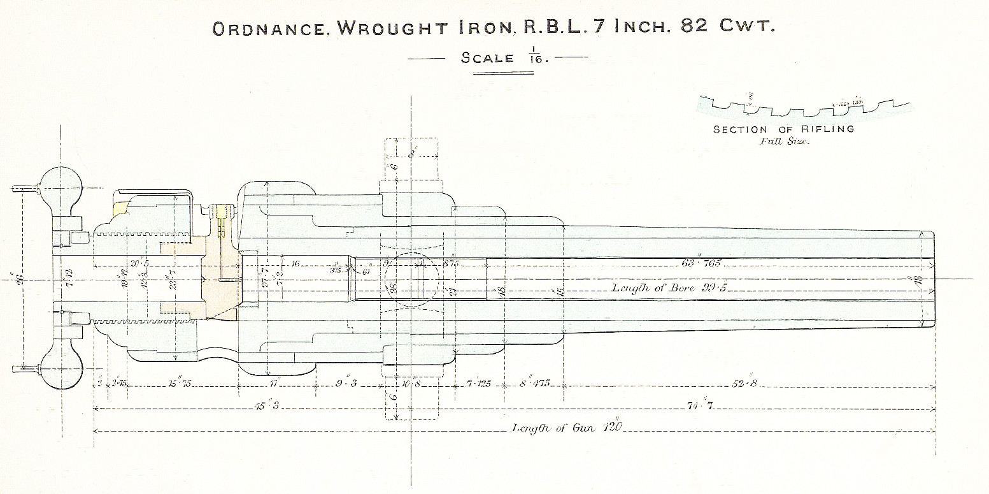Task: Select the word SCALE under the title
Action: (487, 58)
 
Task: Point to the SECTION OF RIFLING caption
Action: (783, 129)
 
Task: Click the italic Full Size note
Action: (783, 141)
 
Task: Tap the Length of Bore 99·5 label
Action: (669, 288)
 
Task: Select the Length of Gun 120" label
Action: (566, 428)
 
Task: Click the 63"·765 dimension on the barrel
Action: (701, 263)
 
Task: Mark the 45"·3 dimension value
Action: (272, 406)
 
